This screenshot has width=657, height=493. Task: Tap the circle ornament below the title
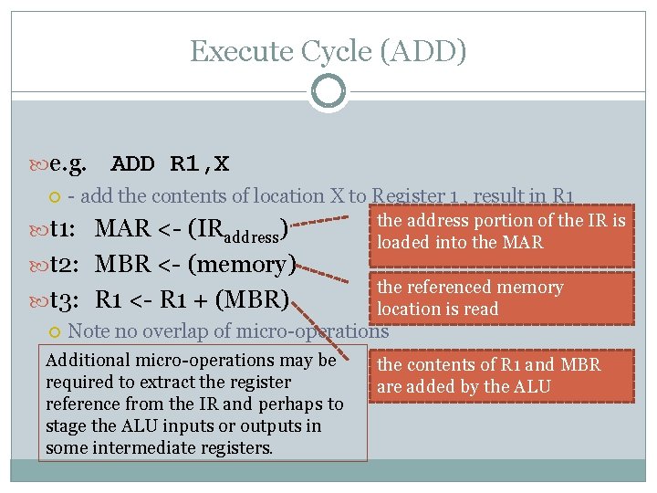[328, 91]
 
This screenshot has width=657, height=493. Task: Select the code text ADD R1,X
[170, 164]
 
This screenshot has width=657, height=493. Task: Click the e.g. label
[69, 164]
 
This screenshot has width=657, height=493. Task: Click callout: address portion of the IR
[502, 232]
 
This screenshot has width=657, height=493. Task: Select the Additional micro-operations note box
[194, 404]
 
